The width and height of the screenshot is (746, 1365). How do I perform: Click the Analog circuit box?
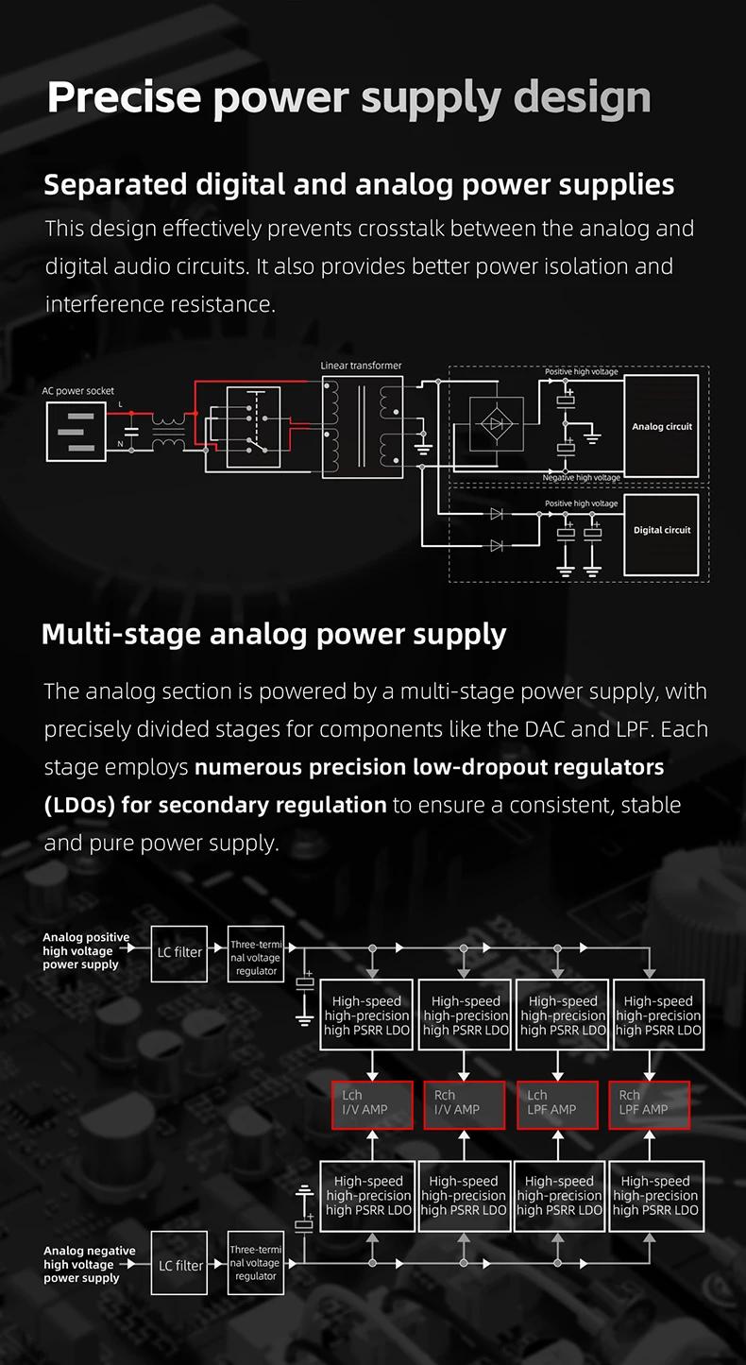(x=661, y=426)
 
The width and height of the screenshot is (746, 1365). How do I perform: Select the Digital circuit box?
(x=661, y=535)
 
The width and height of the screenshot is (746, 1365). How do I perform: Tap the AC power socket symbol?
(x=76, y=432)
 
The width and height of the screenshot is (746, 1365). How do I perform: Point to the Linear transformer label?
(x=361, y=366)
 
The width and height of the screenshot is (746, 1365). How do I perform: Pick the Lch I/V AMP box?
(x=372, y=1105)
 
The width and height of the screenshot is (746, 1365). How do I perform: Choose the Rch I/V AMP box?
(x=464, y=1105)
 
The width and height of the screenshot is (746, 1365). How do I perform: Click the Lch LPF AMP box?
(x=557, y=1105)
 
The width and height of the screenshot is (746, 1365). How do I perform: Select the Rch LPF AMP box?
(x=649, y=1105)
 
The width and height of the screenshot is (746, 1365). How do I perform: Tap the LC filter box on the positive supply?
(x=179, y=954)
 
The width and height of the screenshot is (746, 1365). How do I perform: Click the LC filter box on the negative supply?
(x=179, y=1263)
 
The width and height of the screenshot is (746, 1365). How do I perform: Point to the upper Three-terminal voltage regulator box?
(x=256, y=954)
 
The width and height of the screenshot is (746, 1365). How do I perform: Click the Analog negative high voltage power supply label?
(x=90, y=1264)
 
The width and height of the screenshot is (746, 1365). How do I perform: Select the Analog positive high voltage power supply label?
(x=86, y=950)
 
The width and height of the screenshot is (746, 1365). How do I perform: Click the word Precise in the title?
(x=125, y=97)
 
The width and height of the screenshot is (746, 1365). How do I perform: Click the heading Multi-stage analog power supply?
(x=274, y=635)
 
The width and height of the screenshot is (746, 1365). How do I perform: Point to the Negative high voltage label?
(x=582, y=478)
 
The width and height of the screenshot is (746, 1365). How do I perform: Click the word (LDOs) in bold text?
(x=79, y=805)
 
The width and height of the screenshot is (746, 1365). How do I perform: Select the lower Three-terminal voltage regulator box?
(x=256, y=1263)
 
